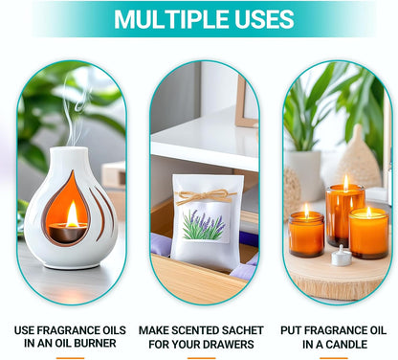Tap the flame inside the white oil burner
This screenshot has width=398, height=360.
tap(72, 214)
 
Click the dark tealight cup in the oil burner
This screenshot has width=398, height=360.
tap(67, 233)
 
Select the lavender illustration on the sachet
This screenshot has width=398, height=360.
tap(203, 225)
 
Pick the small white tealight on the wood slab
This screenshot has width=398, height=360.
tap(342, 257)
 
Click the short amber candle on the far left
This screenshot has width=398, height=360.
tap(306, 234)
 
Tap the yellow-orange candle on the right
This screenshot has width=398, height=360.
tap(368, 233)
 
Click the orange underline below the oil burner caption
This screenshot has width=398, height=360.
tap(70, 358)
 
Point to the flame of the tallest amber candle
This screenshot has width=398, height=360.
tap(345, 182)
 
